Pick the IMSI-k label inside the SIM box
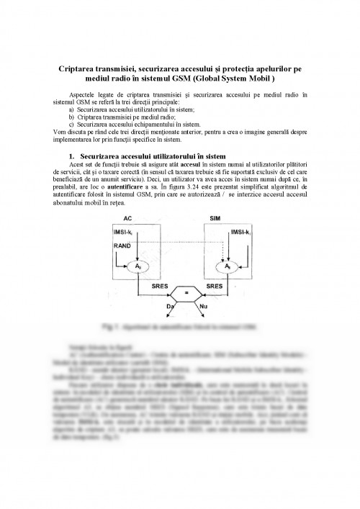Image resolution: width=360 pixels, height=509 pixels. point(240,232)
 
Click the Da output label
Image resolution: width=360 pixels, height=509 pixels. point(170,308)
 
